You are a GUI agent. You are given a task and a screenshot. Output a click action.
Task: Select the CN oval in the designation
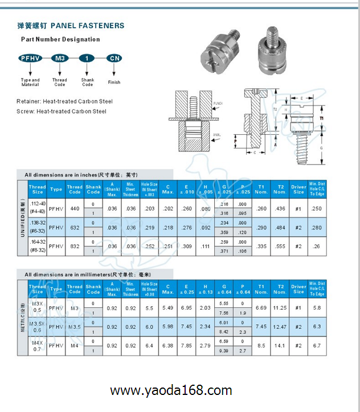tap(114, 58)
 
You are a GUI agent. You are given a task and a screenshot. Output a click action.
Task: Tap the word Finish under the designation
tap(114, 82)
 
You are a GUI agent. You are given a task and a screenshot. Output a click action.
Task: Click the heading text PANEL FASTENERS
tap(87, 26)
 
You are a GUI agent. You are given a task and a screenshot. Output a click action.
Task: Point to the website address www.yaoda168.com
tap(171, 391)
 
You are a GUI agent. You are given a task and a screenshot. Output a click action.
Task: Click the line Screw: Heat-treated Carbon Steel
tap(62, 112)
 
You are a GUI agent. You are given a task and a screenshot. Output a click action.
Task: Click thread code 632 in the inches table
tap(75, 228)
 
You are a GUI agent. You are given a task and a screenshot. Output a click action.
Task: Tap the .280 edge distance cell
tap(316, 228)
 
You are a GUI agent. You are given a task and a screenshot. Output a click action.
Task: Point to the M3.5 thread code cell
tap(75, 327)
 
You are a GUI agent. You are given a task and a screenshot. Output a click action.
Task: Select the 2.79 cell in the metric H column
tap(205, 345)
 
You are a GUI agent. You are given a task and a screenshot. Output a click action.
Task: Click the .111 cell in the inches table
tap(205, 247)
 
